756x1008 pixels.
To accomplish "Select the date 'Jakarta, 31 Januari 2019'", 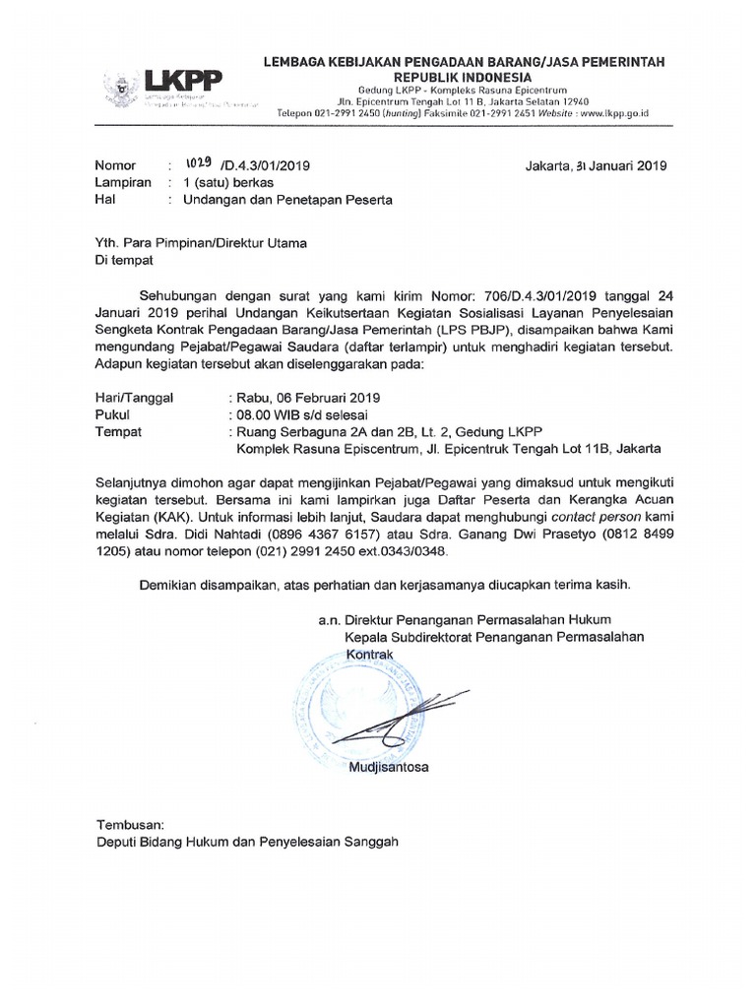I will click(597, 165).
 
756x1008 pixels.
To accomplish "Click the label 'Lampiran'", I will click(123, 182).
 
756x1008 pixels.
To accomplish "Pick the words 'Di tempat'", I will click(124, 263).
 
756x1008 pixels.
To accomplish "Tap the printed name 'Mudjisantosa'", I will click(389, 766).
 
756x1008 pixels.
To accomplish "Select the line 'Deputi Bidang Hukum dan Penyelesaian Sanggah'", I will click(247, 843).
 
